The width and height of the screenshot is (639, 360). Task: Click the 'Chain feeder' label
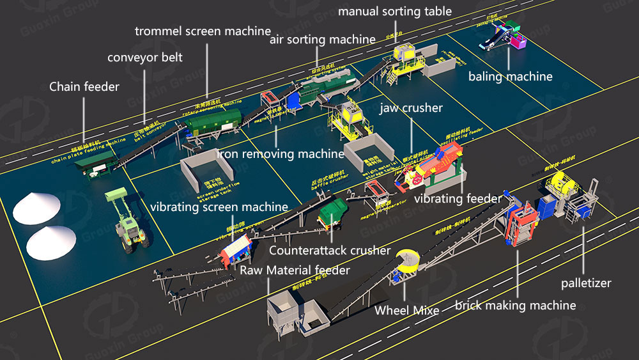click(x=84, y=87)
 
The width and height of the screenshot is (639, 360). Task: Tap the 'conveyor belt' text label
click(x=145, y=58)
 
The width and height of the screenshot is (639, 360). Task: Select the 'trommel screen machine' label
click(x=203, y=31)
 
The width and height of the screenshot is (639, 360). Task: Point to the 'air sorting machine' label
click(x=322, y=39)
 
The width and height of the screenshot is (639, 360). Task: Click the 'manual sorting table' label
click(x=394, y=12)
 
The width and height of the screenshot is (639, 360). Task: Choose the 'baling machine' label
click(x=510, y=77)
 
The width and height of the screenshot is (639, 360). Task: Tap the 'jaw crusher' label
click(x=411, y=108)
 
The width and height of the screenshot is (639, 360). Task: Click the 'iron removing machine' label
click(x=281, y=153)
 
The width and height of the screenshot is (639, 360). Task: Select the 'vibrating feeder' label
click(x=458, y=199)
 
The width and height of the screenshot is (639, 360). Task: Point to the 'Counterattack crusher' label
click(x=330, y=250)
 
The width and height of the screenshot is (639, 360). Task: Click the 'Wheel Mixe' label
click(x=407, y=311)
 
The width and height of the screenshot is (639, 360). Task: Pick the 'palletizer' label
click(x=586, y=283)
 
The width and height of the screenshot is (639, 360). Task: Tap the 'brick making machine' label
click(x=515, y=305)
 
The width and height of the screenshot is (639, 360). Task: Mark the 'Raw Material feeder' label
click(x=295, y=270)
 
